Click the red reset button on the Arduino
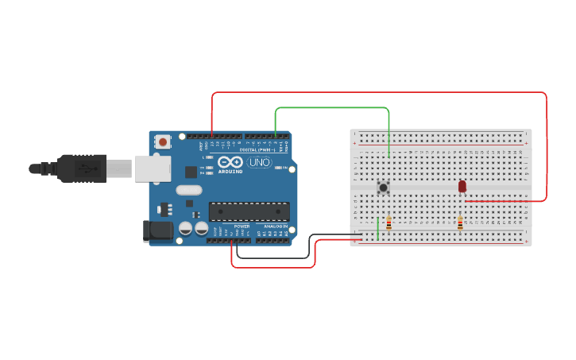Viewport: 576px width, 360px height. tap(163, 141)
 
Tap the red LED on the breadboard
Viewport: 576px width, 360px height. tap(462, 186)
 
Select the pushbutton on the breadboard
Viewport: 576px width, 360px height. tap(383, 188)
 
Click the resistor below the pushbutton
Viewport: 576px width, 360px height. tap(389, 223)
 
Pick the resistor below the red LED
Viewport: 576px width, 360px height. tap(459, 223)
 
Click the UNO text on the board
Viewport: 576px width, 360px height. tap(260, 163)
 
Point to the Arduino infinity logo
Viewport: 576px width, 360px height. tap(230, 161)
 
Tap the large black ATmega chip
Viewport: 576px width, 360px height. tap(249, 211)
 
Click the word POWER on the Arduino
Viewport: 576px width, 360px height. tap(242, 226)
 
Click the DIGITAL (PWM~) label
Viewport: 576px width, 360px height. tap(253, 149)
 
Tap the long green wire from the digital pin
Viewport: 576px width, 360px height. tap(334, 107)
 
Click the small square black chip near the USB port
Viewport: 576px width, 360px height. tap(191, 172)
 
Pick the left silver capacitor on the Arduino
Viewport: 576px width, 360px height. tap(185, 228)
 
